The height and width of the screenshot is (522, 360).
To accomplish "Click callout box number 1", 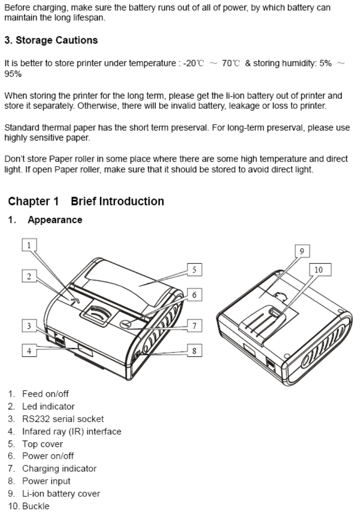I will coord(29,245).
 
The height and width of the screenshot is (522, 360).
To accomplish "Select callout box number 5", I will coord(194,270).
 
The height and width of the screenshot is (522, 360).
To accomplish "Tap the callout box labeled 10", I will coord(318,269).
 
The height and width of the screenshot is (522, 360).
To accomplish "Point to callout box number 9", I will coord(302,251).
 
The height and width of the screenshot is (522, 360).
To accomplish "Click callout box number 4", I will coord(29,351).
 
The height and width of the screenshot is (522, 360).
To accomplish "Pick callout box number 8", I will coord(194,351).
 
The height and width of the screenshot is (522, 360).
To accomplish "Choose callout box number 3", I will coord(29,326).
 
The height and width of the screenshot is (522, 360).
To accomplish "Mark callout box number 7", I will coord(194,326).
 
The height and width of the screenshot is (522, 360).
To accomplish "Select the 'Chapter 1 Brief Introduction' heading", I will coord(86,201).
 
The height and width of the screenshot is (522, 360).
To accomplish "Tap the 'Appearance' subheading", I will coord(55,220).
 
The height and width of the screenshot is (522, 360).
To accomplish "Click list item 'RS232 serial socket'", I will coord(63,419).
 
